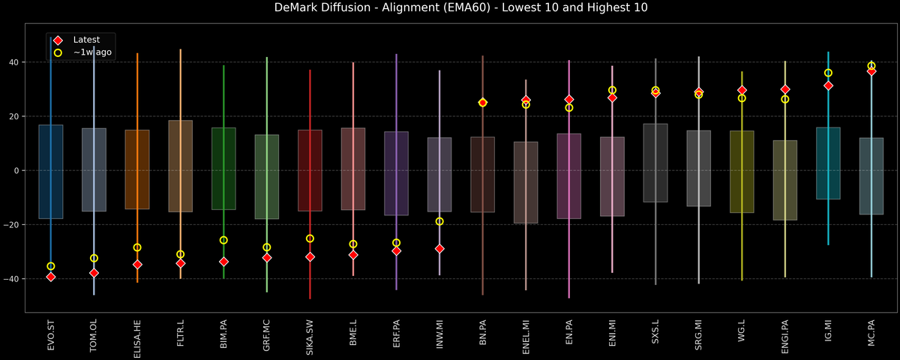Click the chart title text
[450, 8]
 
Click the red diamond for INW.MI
[439, 249]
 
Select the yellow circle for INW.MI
[439, 221]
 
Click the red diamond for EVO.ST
[51, 277]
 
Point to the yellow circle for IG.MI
[828, 73]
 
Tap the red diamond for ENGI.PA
[785, 89]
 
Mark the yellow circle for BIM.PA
[223, 240]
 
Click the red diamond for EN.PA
[569, 99]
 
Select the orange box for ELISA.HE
[137, 169]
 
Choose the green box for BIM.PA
[223, 169]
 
